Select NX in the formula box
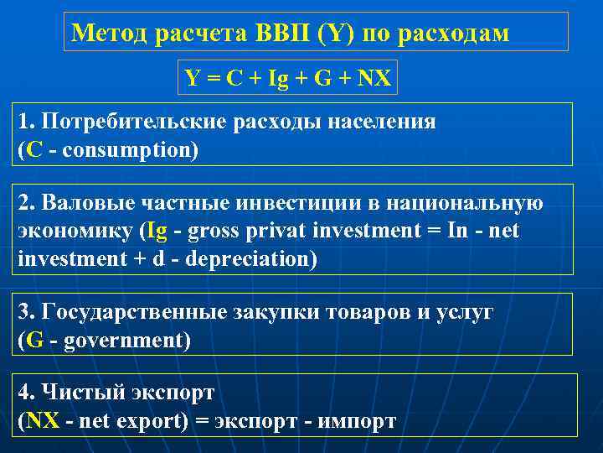373,80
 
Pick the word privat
273,231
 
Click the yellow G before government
34,340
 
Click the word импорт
355,420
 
